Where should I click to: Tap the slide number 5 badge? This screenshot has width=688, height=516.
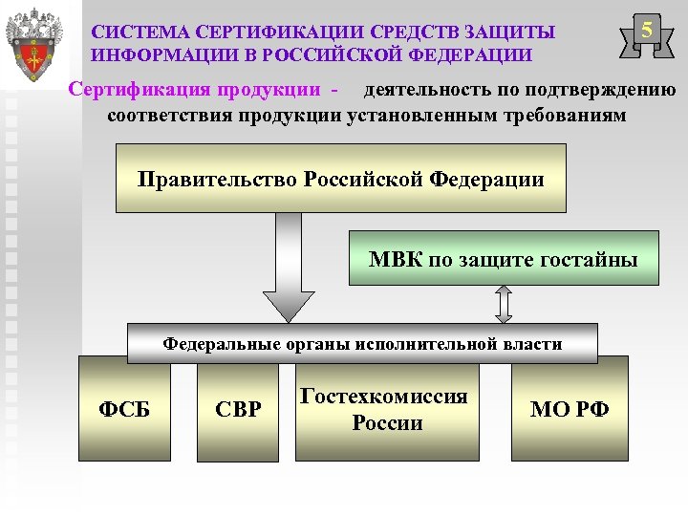point(647,32)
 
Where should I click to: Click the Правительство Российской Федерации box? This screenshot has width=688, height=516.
point(340,178)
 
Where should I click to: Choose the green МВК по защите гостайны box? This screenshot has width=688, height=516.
point(504,258)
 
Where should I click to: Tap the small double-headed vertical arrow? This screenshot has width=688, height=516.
point(505,305)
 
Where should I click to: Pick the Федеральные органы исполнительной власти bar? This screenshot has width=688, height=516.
point(362,344)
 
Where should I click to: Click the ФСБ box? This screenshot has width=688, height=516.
point(123,410)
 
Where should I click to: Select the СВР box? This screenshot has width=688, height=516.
point(238,410)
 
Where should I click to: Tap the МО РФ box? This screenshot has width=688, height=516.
point(570,410)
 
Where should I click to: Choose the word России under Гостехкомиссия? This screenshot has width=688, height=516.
point(386,422)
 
